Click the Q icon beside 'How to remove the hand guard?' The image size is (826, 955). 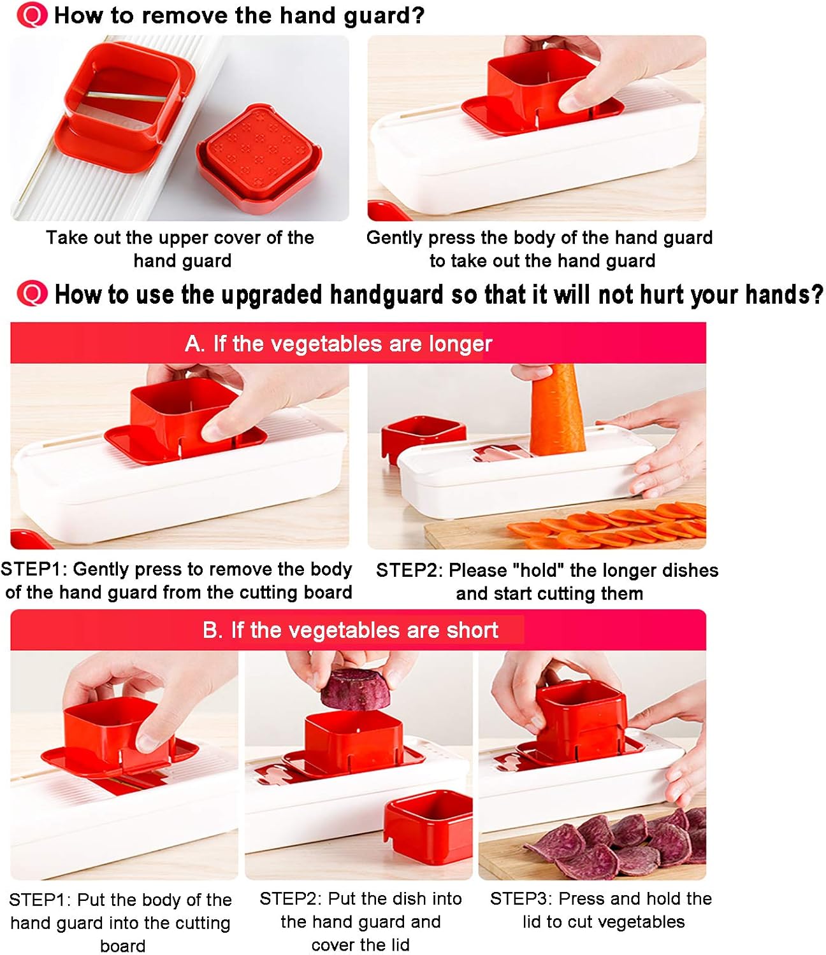click(31, 15)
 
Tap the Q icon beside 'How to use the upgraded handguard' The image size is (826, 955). click(31, 294)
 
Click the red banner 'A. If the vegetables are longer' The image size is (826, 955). click(358, 343)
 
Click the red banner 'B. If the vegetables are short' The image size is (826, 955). click(358, 630)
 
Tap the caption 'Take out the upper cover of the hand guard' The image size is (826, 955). click(180, 248)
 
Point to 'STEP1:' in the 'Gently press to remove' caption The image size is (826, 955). click(34, 569)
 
